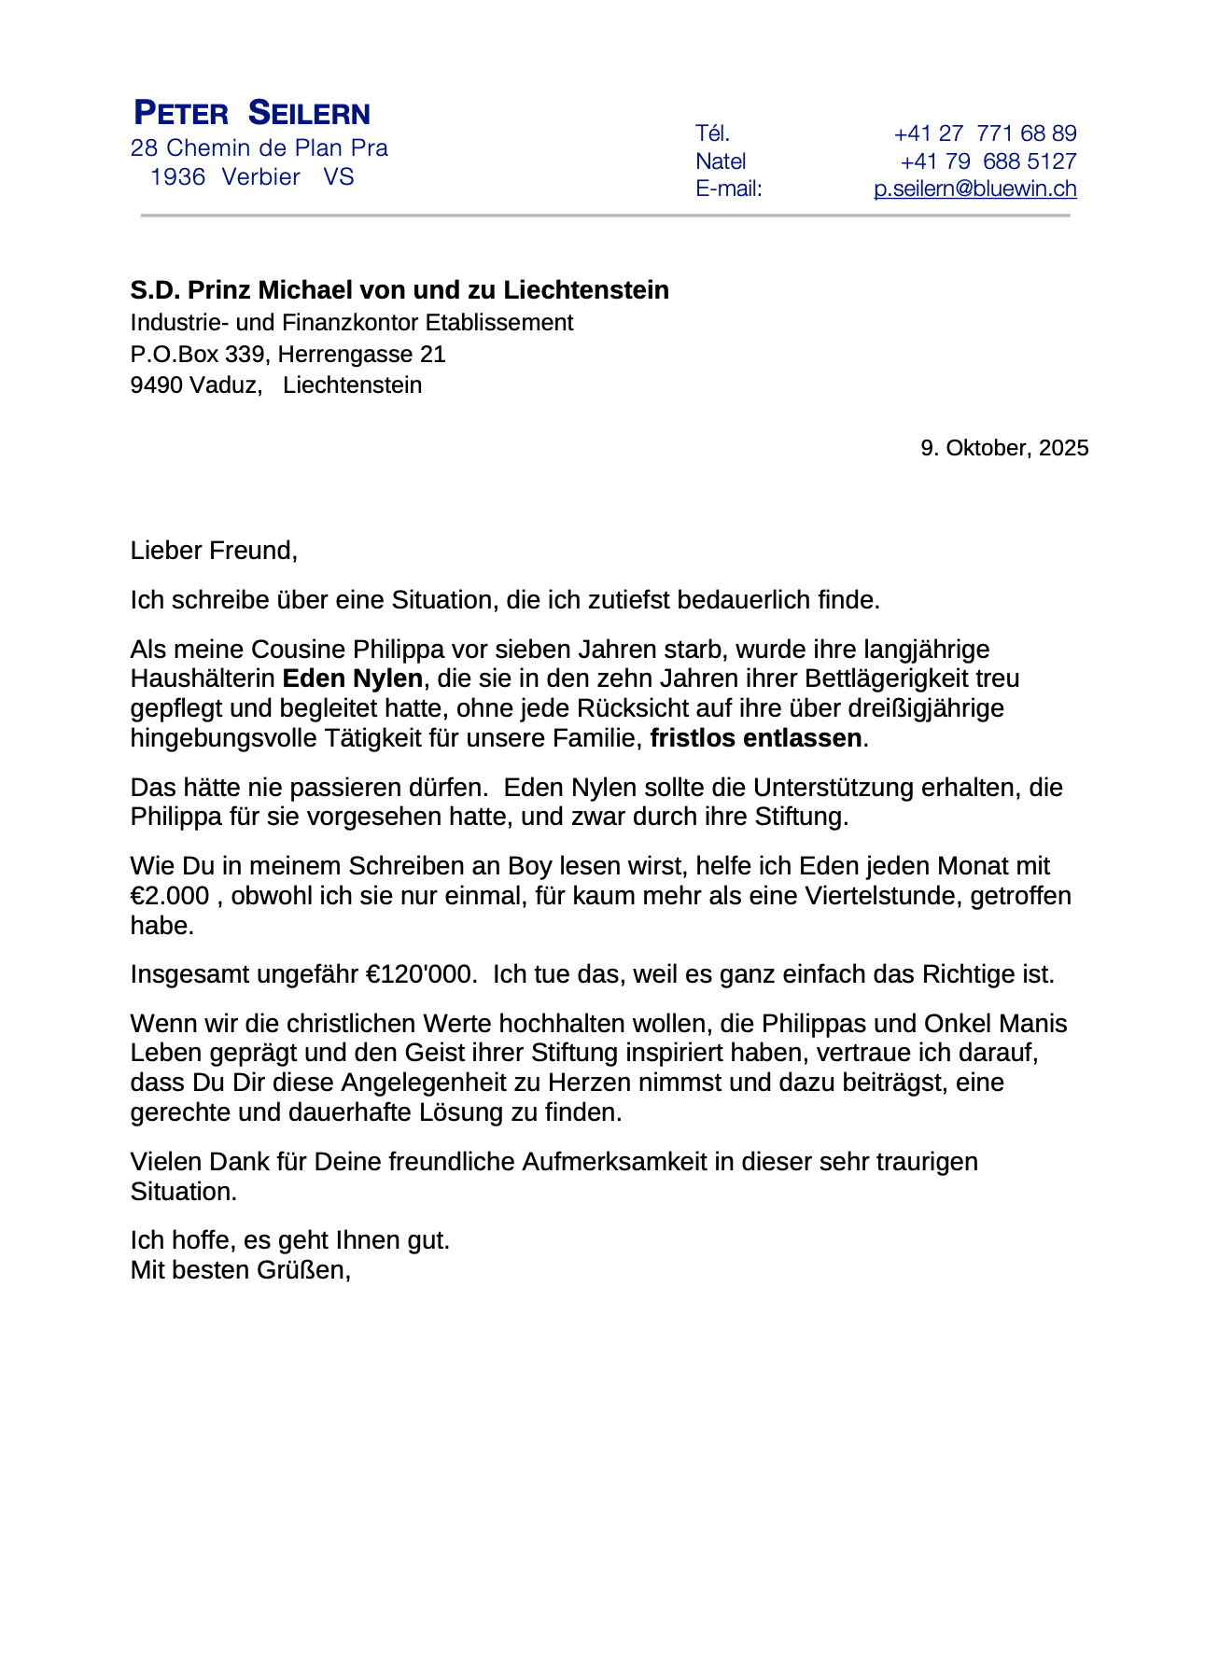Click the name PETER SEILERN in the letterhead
tap(252, 114)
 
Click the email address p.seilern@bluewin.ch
tap(974, 189)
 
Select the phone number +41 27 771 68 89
tap(985, 133)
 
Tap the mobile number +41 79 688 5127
tap(988, 161)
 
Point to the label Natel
tap(721, 161)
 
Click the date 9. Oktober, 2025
tap(1004, 448)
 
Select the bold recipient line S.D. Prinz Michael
tap(399, 290)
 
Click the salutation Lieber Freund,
tap(214, 551)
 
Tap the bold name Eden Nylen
tap(353, 678)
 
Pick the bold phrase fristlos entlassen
tap(756, 738)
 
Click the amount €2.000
tap(170, 896)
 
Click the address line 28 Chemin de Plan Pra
tap(259, 148)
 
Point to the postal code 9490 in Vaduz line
tap(156, 385)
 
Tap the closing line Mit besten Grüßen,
tap(240, 1270)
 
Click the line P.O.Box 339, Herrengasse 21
tap(287, 355)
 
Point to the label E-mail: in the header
tap(729, 189)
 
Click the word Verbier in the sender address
tap(261, 177)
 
